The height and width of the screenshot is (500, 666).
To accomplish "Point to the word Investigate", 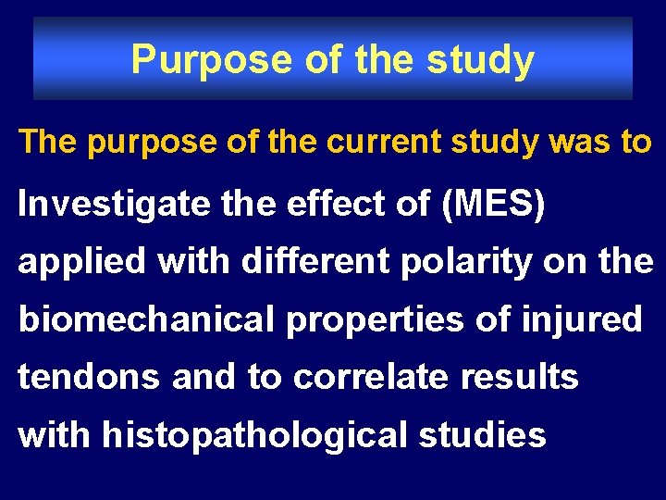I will click(114, 205).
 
